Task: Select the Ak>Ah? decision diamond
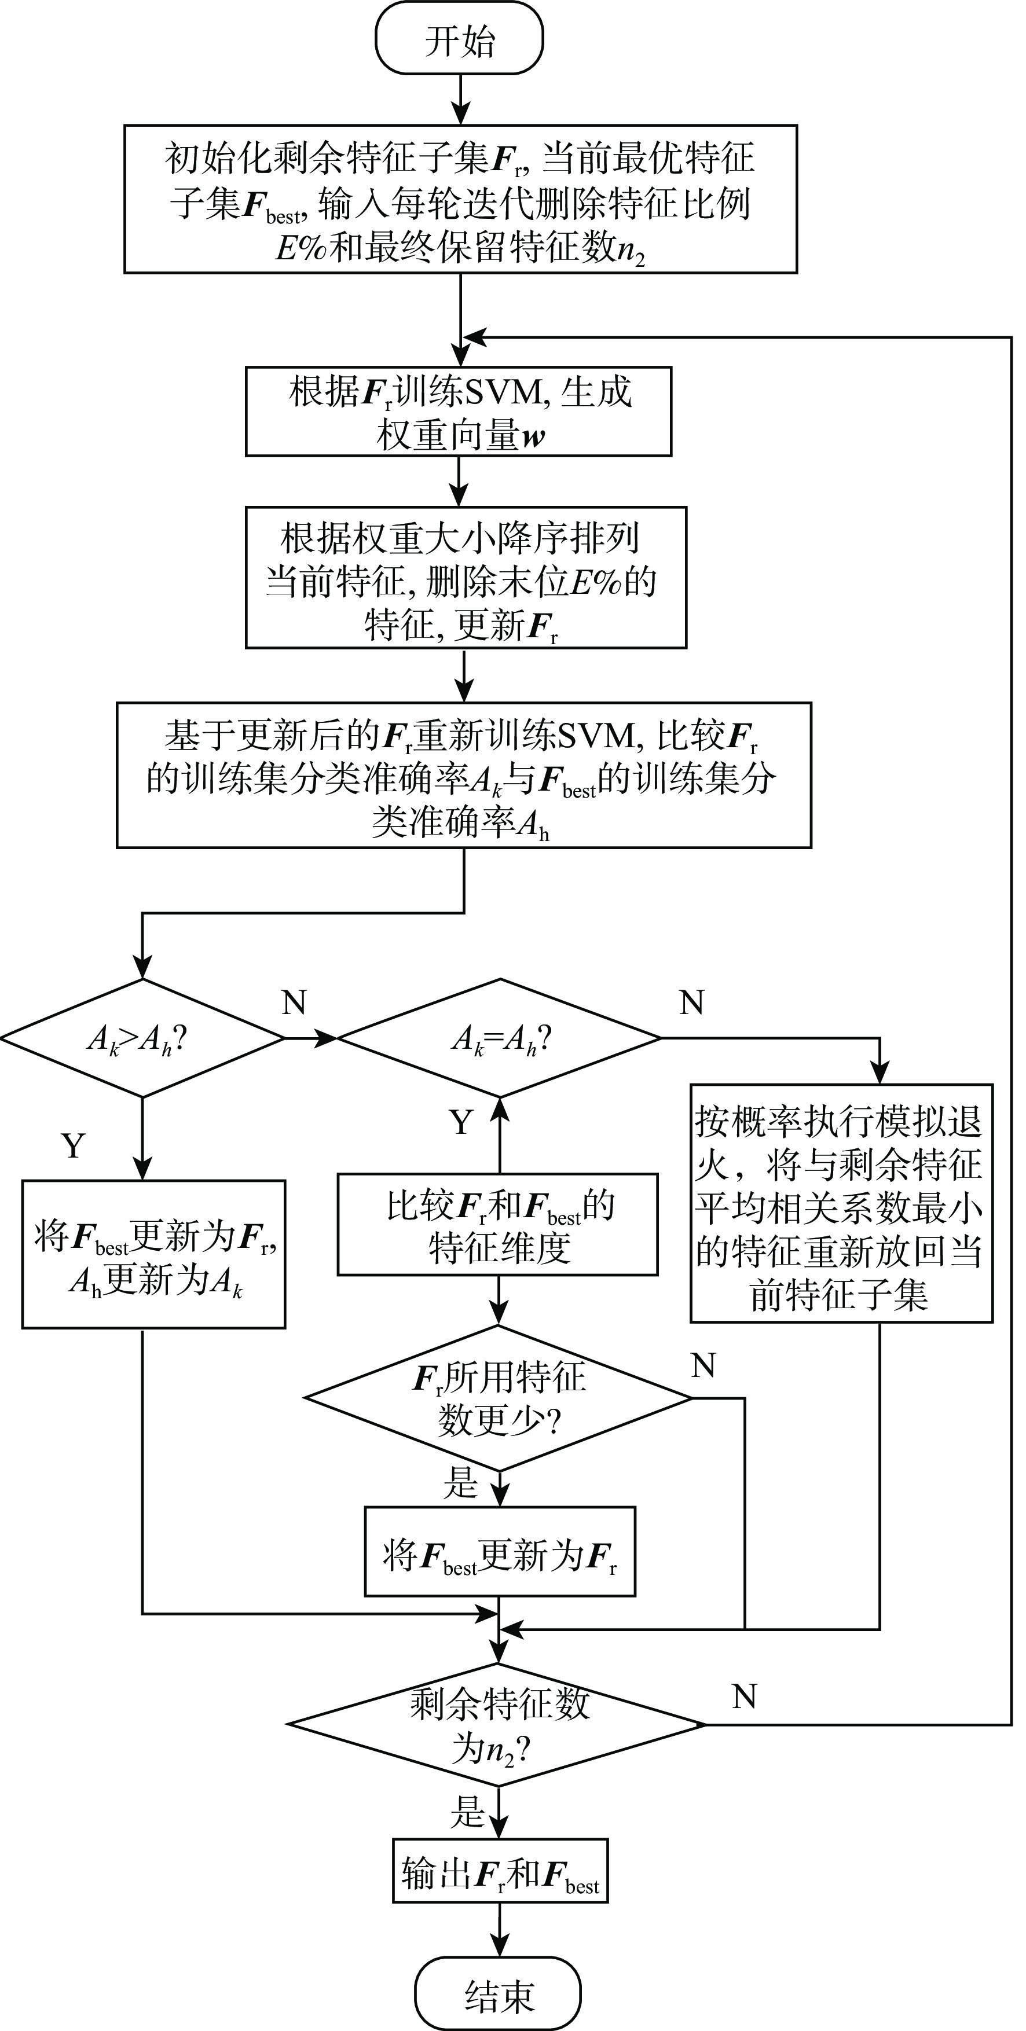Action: (x=142, y=1038)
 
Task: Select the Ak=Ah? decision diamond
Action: (x=499, y=1038)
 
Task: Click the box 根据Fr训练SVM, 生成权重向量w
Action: (x=458, y=412)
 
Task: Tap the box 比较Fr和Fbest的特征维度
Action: (x=497, y=1224)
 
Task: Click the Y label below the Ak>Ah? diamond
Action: (x=74, y=1145)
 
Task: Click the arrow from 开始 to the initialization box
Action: (x=460, y=100)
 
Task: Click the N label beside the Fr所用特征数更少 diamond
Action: (x=703, y=1365)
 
